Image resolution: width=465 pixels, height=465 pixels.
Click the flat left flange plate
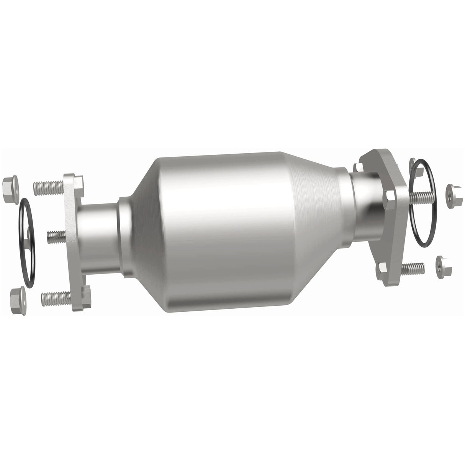pyautogui.click(x=72, y=241)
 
